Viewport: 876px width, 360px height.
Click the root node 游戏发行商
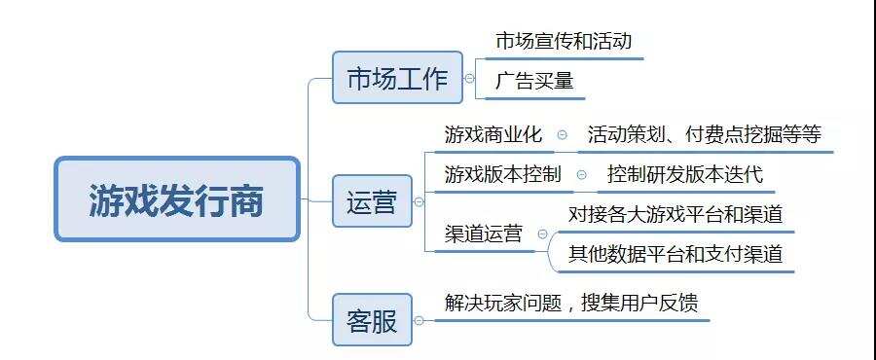pos(176,199)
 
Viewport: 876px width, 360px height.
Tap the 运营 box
pos(372,201)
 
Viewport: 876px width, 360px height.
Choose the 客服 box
pos(372,319)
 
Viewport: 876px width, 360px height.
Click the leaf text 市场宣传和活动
pos(564,41)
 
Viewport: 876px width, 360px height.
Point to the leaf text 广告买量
pos(534,81)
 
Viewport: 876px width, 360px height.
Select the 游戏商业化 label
pos(493,134)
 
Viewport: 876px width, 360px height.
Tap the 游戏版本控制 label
pos(502,175)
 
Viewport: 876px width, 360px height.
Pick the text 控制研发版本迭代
pos(685,175)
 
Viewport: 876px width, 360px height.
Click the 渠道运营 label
pos(484,234)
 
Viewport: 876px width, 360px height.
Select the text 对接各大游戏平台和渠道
pos(676,214)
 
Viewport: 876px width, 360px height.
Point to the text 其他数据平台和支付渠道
pos(676,254)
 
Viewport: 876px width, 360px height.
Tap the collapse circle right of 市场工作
pos(470,78)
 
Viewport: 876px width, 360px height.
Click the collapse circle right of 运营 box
pos(419,202)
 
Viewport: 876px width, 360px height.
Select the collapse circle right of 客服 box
pos(419,320)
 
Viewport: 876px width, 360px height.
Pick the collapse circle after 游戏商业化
pos(562,135)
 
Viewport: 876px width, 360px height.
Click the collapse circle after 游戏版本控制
pos(581,176)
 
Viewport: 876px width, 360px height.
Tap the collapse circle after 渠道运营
pos(542,235)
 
